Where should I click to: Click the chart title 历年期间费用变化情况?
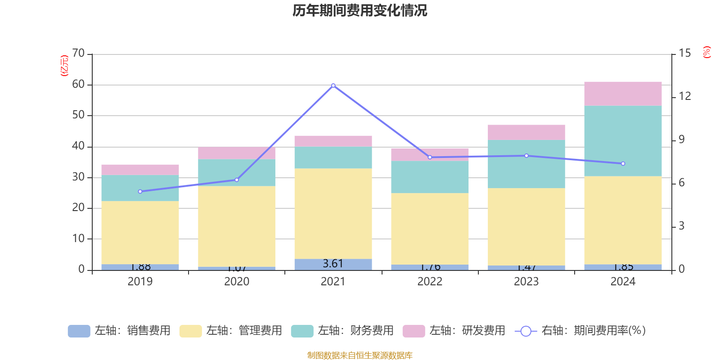[360, 10]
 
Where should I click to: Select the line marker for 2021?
[333, 85]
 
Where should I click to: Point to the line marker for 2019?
[140, 192]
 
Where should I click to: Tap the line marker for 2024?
[623, 164]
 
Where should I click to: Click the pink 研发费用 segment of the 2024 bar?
[623, 94]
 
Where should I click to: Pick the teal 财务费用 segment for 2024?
[623, 141]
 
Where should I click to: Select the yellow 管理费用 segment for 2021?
[333, 214]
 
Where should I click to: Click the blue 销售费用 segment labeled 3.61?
[333, 264]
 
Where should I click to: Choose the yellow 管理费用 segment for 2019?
[140, 233]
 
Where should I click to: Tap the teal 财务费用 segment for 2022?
[430, 177]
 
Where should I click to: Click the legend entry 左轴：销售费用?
[119, 331]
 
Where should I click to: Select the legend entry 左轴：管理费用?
[231, 331]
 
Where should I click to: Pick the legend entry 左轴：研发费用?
[454, 331]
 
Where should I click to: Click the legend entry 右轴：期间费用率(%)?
[580, 331]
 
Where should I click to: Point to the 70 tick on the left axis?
[78, 54]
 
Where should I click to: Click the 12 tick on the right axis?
[684, 96]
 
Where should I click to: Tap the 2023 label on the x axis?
[526, 282]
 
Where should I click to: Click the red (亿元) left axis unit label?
[64, 66]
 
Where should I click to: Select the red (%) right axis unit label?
[707, 52]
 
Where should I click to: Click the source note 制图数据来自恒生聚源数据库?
[360, 355]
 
